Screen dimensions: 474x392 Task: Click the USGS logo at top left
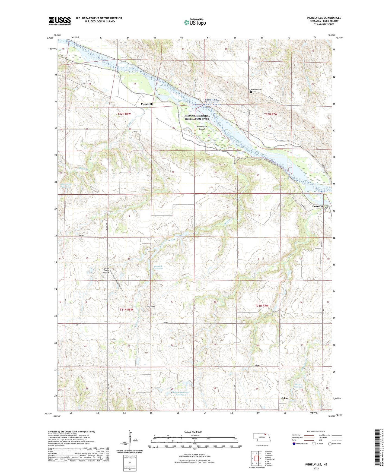pyautogui.click(x=60, y=21)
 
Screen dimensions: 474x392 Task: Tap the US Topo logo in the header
pyautogui.click(x=195, y=22)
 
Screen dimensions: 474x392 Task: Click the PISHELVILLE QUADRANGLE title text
pyautogui.click(x=323, y=18)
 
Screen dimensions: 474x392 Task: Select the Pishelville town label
pyautogui.click(x=147, y=104)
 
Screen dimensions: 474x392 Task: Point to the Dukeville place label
pyautogui.click(x=318, y=207)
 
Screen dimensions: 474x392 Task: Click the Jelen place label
pyautogui.click(x=284, y=398)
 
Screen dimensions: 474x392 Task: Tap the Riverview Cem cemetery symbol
pyautogui.click(x=251, y=92)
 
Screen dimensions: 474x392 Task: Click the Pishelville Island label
pyautogui.click(x=202, y=128)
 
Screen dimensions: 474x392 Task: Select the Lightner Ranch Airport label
pyautogui.click(x=106, y=270)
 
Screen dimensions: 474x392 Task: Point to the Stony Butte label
pyautogui.click(x=150, y=307)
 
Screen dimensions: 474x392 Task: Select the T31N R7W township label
pyautogui.click(x=262, y=306)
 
